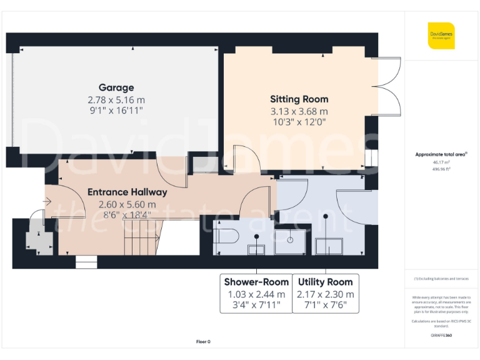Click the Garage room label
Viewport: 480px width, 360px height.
[116, 87]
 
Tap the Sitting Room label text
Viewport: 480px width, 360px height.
[299, 99]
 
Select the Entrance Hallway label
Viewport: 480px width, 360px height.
[127, 192]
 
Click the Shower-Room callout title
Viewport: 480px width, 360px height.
[256, 282]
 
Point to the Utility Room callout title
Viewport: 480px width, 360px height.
[326, 282]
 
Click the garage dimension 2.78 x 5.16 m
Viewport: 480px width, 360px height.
[116, 99]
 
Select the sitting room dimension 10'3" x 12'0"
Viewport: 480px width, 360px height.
[299, 122]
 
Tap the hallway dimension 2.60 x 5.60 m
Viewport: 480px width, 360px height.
[127, 204]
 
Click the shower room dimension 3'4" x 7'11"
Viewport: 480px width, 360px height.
[256, 306]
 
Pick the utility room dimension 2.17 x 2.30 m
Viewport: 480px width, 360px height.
[326, 294]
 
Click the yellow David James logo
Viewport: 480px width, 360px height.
[441, 36]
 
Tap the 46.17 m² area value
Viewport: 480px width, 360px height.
[441, 162]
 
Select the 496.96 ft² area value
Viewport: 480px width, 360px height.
[441, 168]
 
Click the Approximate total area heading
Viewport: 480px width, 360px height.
[441, 154]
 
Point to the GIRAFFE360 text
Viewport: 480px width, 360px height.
[441, 336]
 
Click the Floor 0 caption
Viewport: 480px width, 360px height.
[203, 342]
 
